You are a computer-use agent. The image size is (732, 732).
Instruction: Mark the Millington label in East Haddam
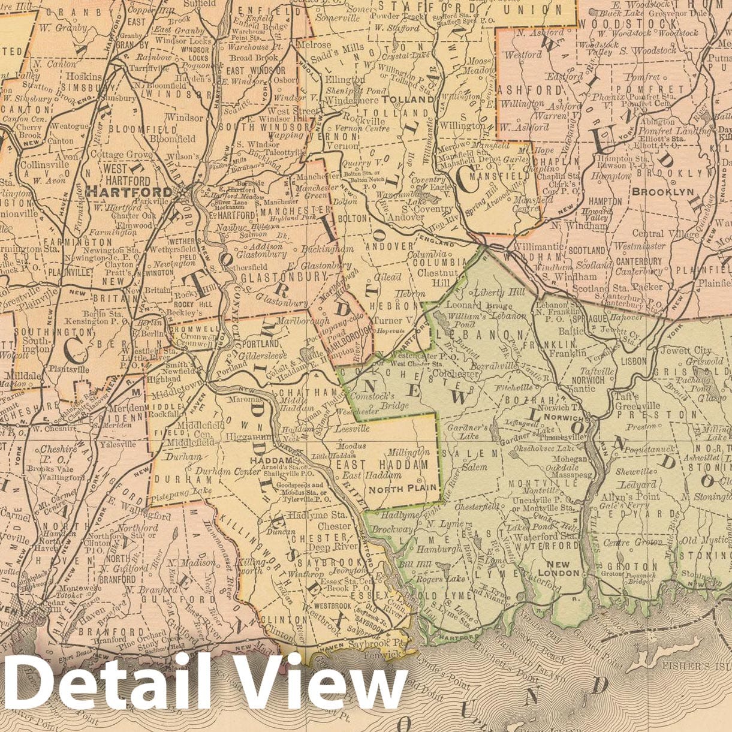(409, 452)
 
